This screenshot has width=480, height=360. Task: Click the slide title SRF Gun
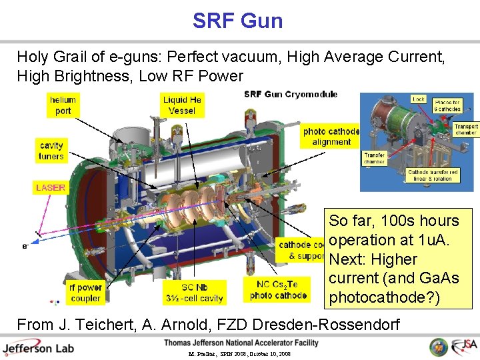(x=237, y=21)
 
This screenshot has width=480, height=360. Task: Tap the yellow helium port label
(x=63, y=105)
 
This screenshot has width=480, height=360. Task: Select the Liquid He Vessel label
(x=182, y=105)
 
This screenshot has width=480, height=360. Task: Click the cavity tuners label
(x=51, y=151)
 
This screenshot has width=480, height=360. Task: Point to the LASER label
(x=51, y=188)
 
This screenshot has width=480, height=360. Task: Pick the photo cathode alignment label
(x=331, y=137)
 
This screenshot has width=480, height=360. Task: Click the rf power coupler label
(x=85, y=293)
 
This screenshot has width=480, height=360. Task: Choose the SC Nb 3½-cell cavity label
(x=195, y=293)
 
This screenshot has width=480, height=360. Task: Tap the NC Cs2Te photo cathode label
(x=278, y=290)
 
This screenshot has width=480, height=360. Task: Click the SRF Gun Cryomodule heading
(x=291, y=94)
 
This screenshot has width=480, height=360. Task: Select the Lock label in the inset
(x=418, y=99)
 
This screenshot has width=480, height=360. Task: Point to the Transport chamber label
(x=466, y=129)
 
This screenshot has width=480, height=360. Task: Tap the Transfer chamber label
(x=375, y=158)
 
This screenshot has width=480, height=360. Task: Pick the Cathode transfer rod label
(x=433, y=175)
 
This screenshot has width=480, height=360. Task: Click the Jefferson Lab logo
(x=38, y=348)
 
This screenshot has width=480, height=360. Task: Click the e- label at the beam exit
(x=25, y=246)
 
